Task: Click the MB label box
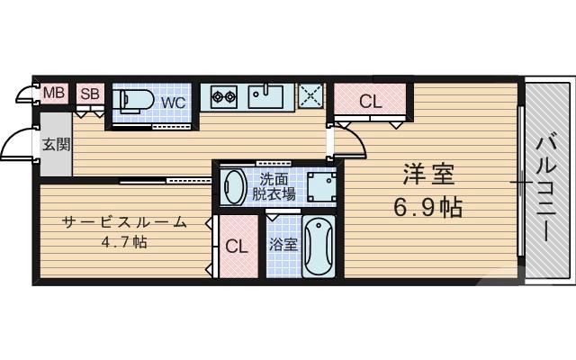54,93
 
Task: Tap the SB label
89,93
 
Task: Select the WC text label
173,103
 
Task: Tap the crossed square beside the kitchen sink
310,94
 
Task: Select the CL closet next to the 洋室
371,102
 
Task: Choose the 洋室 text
427,173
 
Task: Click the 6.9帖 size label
427,208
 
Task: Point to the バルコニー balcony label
545,187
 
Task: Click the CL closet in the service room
237,246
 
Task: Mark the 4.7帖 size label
125,243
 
